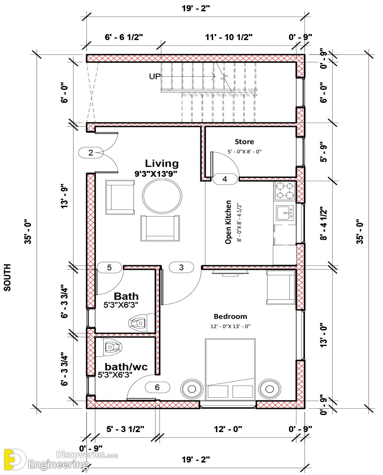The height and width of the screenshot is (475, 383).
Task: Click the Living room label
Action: coord(162,163)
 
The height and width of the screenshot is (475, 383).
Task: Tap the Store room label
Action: coord(244,141)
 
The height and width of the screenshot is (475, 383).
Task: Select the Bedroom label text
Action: coord(231,317)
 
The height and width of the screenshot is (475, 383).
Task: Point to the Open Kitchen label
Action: coord(228,222)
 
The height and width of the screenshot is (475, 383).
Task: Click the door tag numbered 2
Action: coord(91,153)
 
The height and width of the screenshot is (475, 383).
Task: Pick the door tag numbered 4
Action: coord(225,179)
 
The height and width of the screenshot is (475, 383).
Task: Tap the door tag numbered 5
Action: coord(109,268)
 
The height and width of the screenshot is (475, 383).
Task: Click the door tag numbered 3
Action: coord(181,267)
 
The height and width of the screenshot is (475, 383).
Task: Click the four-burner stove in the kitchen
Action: coord(285,191)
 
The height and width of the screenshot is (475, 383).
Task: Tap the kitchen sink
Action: coord(285,213)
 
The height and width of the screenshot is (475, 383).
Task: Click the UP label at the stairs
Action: coord(155,76)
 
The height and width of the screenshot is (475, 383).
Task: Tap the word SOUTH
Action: coord(7,278)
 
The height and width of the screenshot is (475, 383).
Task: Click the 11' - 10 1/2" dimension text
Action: coord(229,37)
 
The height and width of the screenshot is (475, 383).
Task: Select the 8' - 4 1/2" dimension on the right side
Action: coord(323,223)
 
